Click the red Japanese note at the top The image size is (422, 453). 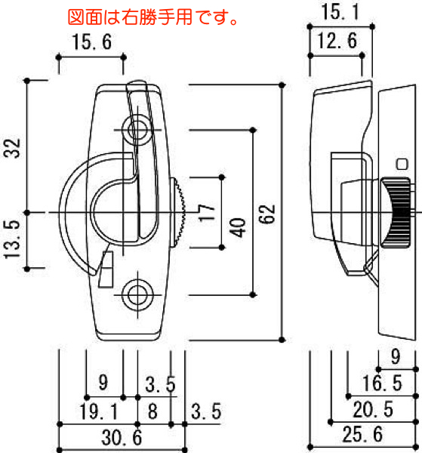(152, 17)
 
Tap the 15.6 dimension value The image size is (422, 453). (92, 42)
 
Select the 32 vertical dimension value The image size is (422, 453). (12, 148)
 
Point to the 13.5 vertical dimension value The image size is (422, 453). (12, 239)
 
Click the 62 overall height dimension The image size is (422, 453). (266, 214)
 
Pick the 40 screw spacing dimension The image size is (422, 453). (238, 227)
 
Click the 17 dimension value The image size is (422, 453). (207, 213)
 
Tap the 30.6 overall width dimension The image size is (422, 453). (122, 437)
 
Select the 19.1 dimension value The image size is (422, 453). (99, 411)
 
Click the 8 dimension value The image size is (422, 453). (152, 411)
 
